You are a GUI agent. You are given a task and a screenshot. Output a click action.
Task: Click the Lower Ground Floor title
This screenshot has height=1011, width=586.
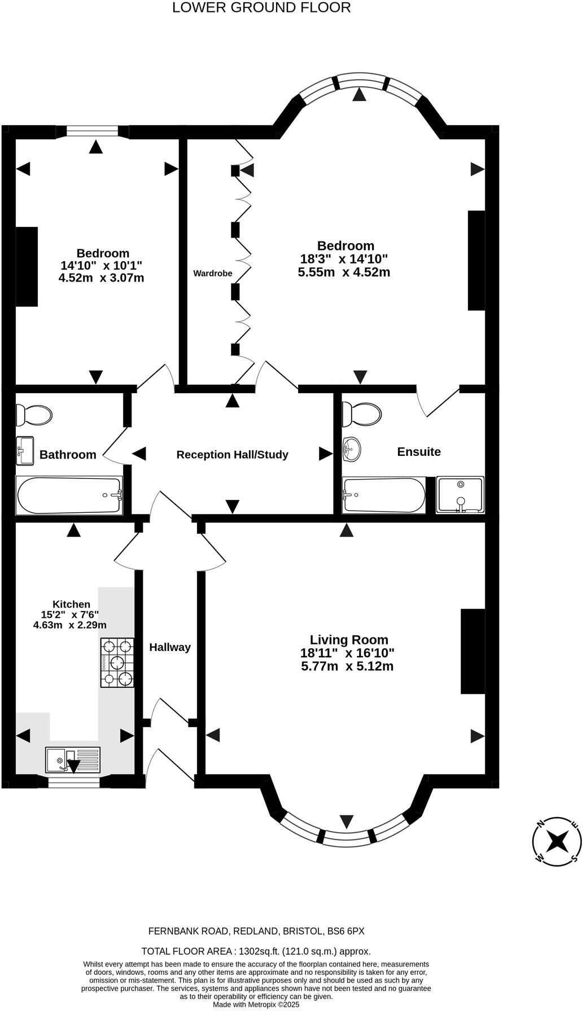coord(261,8)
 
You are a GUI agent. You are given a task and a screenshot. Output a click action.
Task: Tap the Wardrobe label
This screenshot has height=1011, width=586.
coord(213,274)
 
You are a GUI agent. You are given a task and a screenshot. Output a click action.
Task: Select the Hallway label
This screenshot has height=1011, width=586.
coord(170,647)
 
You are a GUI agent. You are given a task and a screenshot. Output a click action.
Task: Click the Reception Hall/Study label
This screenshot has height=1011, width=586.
coord(232,455)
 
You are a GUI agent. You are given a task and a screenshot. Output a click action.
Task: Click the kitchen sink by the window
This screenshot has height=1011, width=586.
coord(73,760)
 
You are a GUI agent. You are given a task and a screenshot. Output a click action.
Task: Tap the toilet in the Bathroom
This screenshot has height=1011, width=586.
coord(33,415)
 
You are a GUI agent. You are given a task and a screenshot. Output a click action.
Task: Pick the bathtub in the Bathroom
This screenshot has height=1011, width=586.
coord(69,495)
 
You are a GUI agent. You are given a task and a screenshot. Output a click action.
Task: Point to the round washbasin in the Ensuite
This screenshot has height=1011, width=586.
coord(351,450)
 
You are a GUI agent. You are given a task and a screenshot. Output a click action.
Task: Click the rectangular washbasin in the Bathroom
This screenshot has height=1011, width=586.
coord(24,451)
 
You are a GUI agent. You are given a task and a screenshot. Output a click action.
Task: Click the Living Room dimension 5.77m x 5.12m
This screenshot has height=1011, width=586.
coord(347,666)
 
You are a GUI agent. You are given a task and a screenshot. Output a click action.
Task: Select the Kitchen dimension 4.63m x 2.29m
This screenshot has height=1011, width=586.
coord(70,625)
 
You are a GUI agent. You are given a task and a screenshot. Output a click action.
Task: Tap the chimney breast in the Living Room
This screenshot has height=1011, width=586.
coord(473,651)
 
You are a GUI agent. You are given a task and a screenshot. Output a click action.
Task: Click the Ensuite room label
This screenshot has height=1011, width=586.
coord(419,452)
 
